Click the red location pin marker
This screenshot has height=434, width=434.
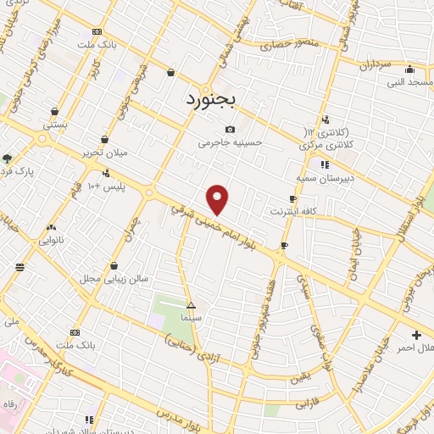click(218, 198)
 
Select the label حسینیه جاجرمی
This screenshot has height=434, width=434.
click(231, 143)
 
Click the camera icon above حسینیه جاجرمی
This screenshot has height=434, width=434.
click(230, 129)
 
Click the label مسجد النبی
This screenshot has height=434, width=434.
click(409, 82)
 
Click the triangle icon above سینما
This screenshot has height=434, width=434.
click(190, 304)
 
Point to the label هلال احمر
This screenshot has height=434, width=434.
click(416, 348)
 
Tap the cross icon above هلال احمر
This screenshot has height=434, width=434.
click(416, 335)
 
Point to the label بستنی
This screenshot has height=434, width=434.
click(55, 124)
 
